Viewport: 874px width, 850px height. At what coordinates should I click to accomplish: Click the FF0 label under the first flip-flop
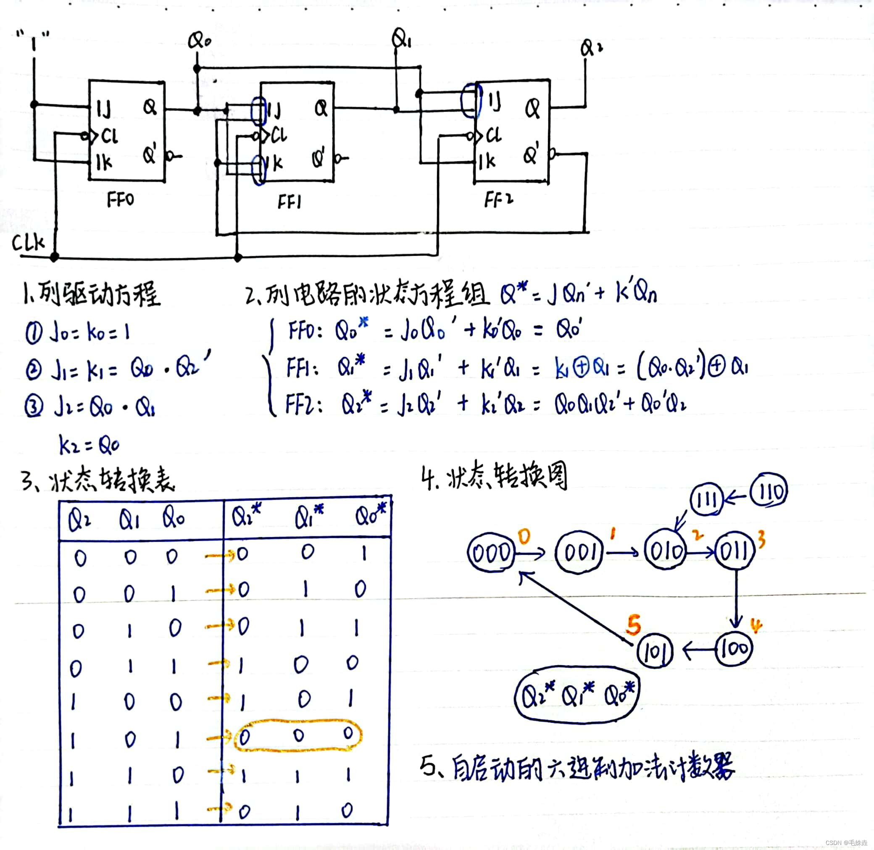pos(120,199)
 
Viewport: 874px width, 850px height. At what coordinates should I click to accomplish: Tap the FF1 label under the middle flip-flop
pos(289,202)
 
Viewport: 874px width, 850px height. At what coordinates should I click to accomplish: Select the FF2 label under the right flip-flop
pos(498,199)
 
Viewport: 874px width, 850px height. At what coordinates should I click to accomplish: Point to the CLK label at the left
pos(28,243)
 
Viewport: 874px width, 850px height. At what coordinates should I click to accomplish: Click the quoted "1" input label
pos(33,40)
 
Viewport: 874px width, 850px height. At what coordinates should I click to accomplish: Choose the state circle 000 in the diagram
pos(491,553)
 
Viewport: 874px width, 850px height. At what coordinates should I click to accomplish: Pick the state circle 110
pos(769,491)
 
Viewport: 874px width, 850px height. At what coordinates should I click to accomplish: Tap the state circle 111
pos(706,499)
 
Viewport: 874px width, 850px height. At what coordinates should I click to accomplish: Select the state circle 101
pos(655,651)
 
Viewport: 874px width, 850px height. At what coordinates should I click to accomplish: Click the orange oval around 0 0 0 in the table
pos(298,735)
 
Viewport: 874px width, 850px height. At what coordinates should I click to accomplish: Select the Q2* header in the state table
pos(246,517)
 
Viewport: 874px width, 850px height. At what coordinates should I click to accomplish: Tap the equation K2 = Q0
pos(90,445)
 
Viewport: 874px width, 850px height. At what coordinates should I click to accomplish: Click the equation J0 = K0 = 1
pos(78,333)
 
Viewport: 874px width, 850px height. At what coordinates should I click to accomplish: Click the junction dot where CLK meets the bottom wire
pos(55,257)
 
